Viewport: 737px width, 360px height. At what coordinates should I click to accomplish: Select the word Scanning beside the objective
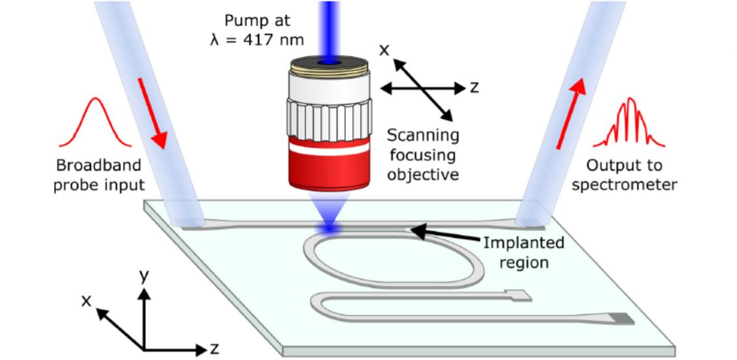[x=423, y=136]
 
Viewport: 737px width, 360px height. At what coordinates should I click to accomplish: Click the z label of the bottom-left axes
[x=215, y=348]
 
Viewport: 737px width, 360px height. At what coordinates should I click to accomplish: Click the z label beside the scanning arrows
[x=474, y=87]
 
